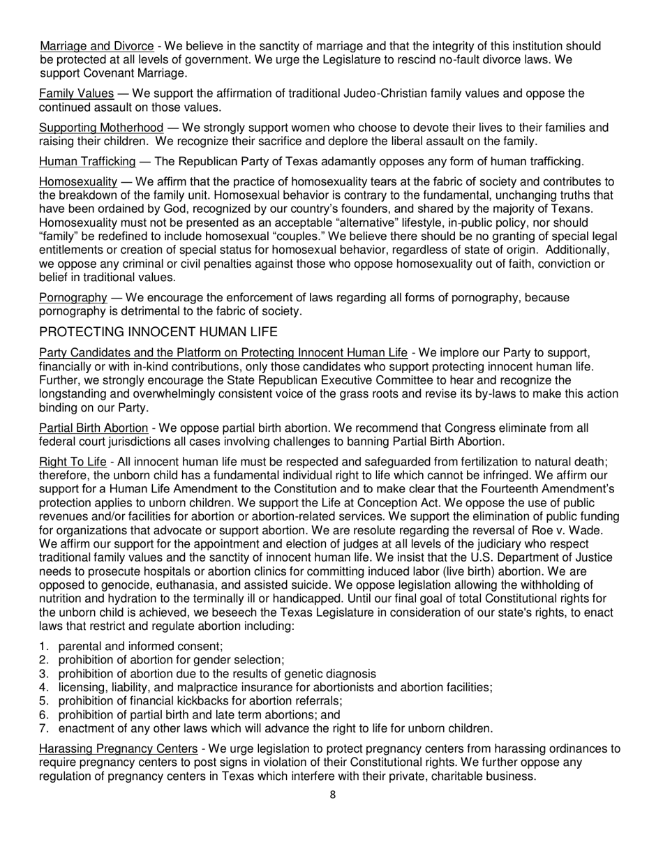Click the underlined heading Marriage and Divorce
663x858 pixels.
96,47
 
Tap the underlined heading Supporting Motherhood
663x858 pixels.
101,128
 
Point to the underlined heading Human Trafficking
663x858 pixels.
87,162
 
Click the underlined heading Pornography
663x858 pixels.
73,298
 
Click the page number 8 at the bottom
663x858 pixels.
332,794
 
